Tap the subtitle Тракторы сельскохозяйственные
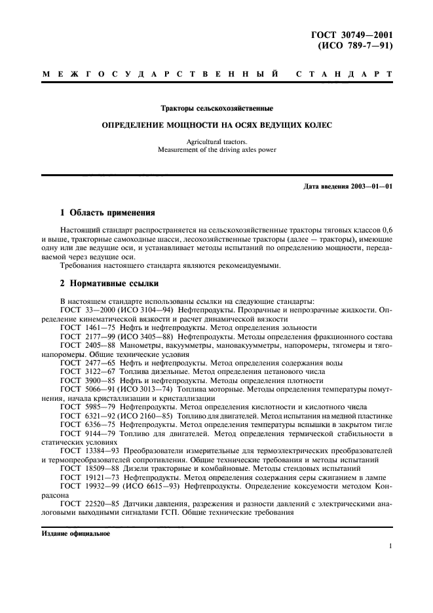pos(217,107)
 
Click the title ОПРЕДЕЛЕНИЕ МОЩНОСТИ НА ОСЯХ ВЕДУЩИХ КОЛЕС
pos(217,124)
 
